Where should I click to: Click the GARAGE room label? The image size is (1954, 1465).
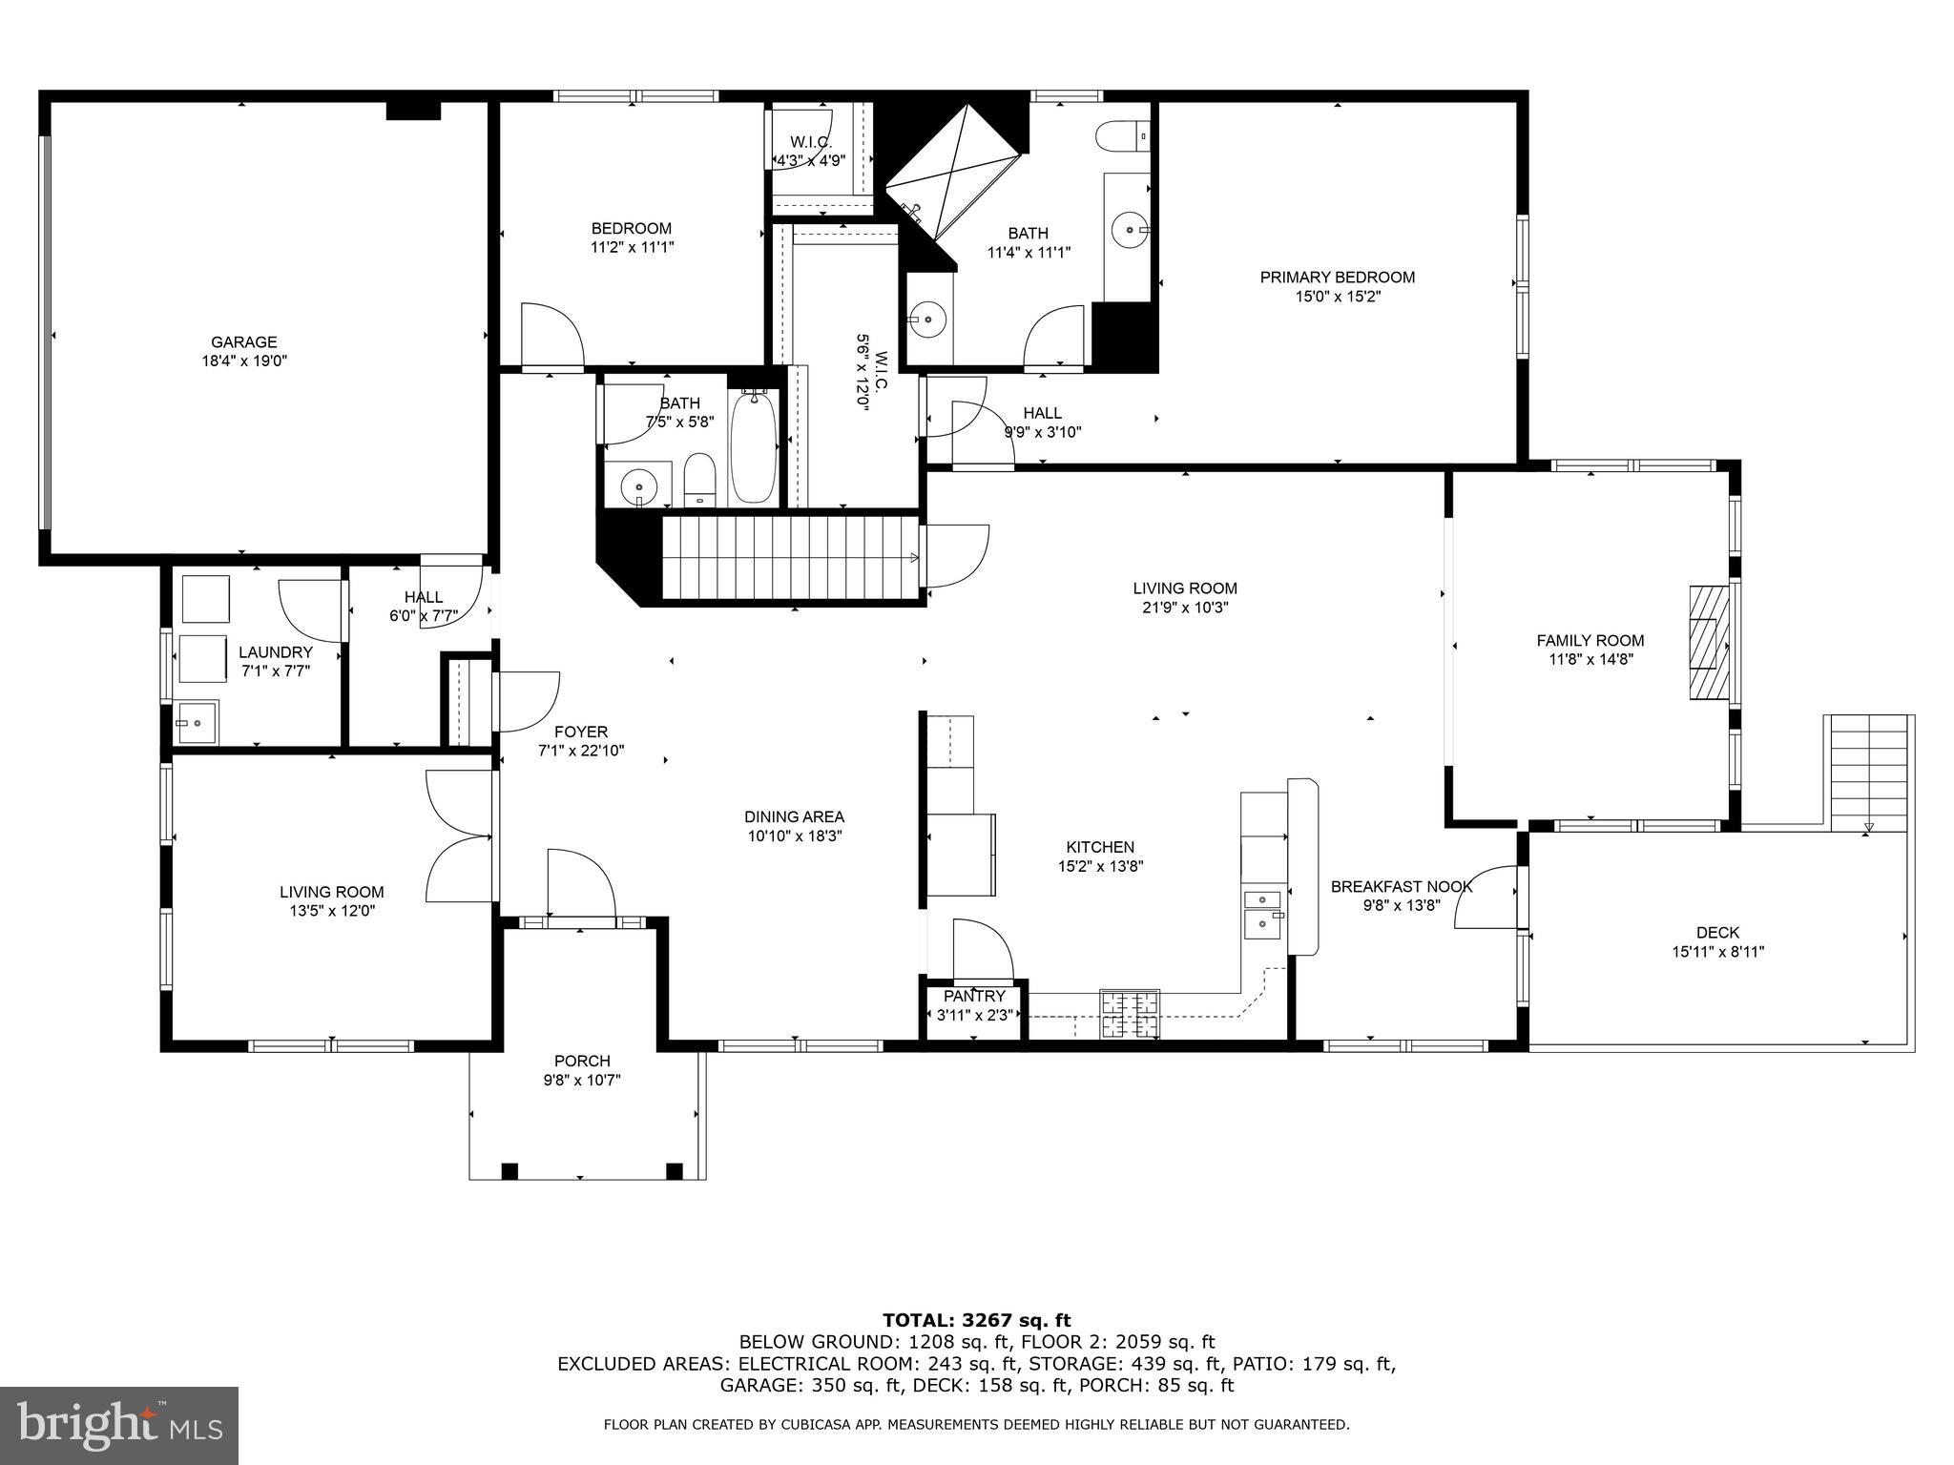pyautogui.click(x=243, y=341)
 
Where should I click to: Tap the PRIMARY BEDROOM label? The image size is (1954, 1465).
pyautogui.click(x=1337, y=278)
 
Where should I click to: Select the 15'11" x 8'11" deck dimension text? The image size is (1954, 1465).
pyautogui.click(x=1717, y=952)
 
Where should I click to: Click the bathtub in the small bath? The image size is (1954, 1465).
pyautogui.click(x=754, y=450)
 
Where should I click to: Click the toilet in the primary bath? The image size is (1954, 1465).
pyautogui.click(x=1121, y=137)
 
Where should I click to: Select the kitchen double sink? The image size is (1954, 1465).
pyautogui.click(x=1263, y=912)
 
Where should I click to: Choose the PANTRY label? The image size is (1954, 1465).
pyautogui.click(x=974, y=996)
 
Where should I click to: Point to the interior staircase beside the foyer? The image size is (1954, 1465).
pyautogui.click(x=792, y=558)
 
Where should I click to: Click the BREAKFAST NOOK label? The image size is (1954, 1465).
pyautogui.click(x=1401, y=887)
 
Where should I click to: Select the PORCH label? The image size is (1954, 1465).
pyautogui.click(x=582, y=1061)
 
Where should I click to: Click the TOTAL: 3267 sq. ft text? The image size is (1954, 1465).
pyautogui.click(x=976, y=1320)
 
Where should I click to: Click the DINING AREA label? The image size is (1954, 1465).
pyautogui.click(x=794, y=817)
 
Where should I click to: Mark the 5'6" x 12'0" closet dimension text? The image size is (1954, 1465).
pyautogui.click(x=863, y=372)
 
